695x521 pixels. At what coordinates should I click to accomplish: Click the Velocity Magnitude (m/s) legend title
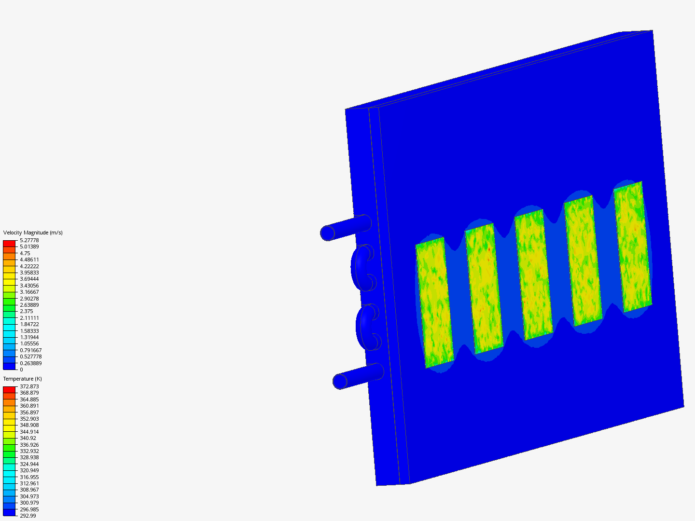click(x=33, y=233)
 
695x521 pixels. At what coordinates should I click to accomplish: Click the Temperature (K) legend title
click(x=23, y=379)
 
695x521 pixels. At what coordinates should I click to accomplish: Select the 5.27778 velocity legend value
click(x=29, y=240)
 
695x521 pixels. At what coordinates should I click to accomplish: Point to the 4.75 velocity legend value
click(x=25, y=253)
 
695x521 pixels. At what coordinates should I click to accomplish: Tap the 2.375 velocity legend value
click(x=26, y=311)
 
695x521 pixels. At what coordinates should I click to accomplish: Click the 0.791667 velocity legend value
click(x=31, y=350)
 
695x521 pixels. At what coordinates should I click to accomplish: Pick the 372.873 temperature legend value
click(x=29, y=386)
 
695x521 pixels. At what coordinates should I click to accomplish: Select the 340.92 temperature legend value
click(x=28, y=438)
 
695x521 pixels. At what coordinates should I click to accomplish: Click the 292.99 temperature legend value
click(x=28, y=516)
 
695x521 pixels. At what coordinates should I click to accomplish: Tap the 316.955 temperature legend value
click(x=29, y=477)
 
